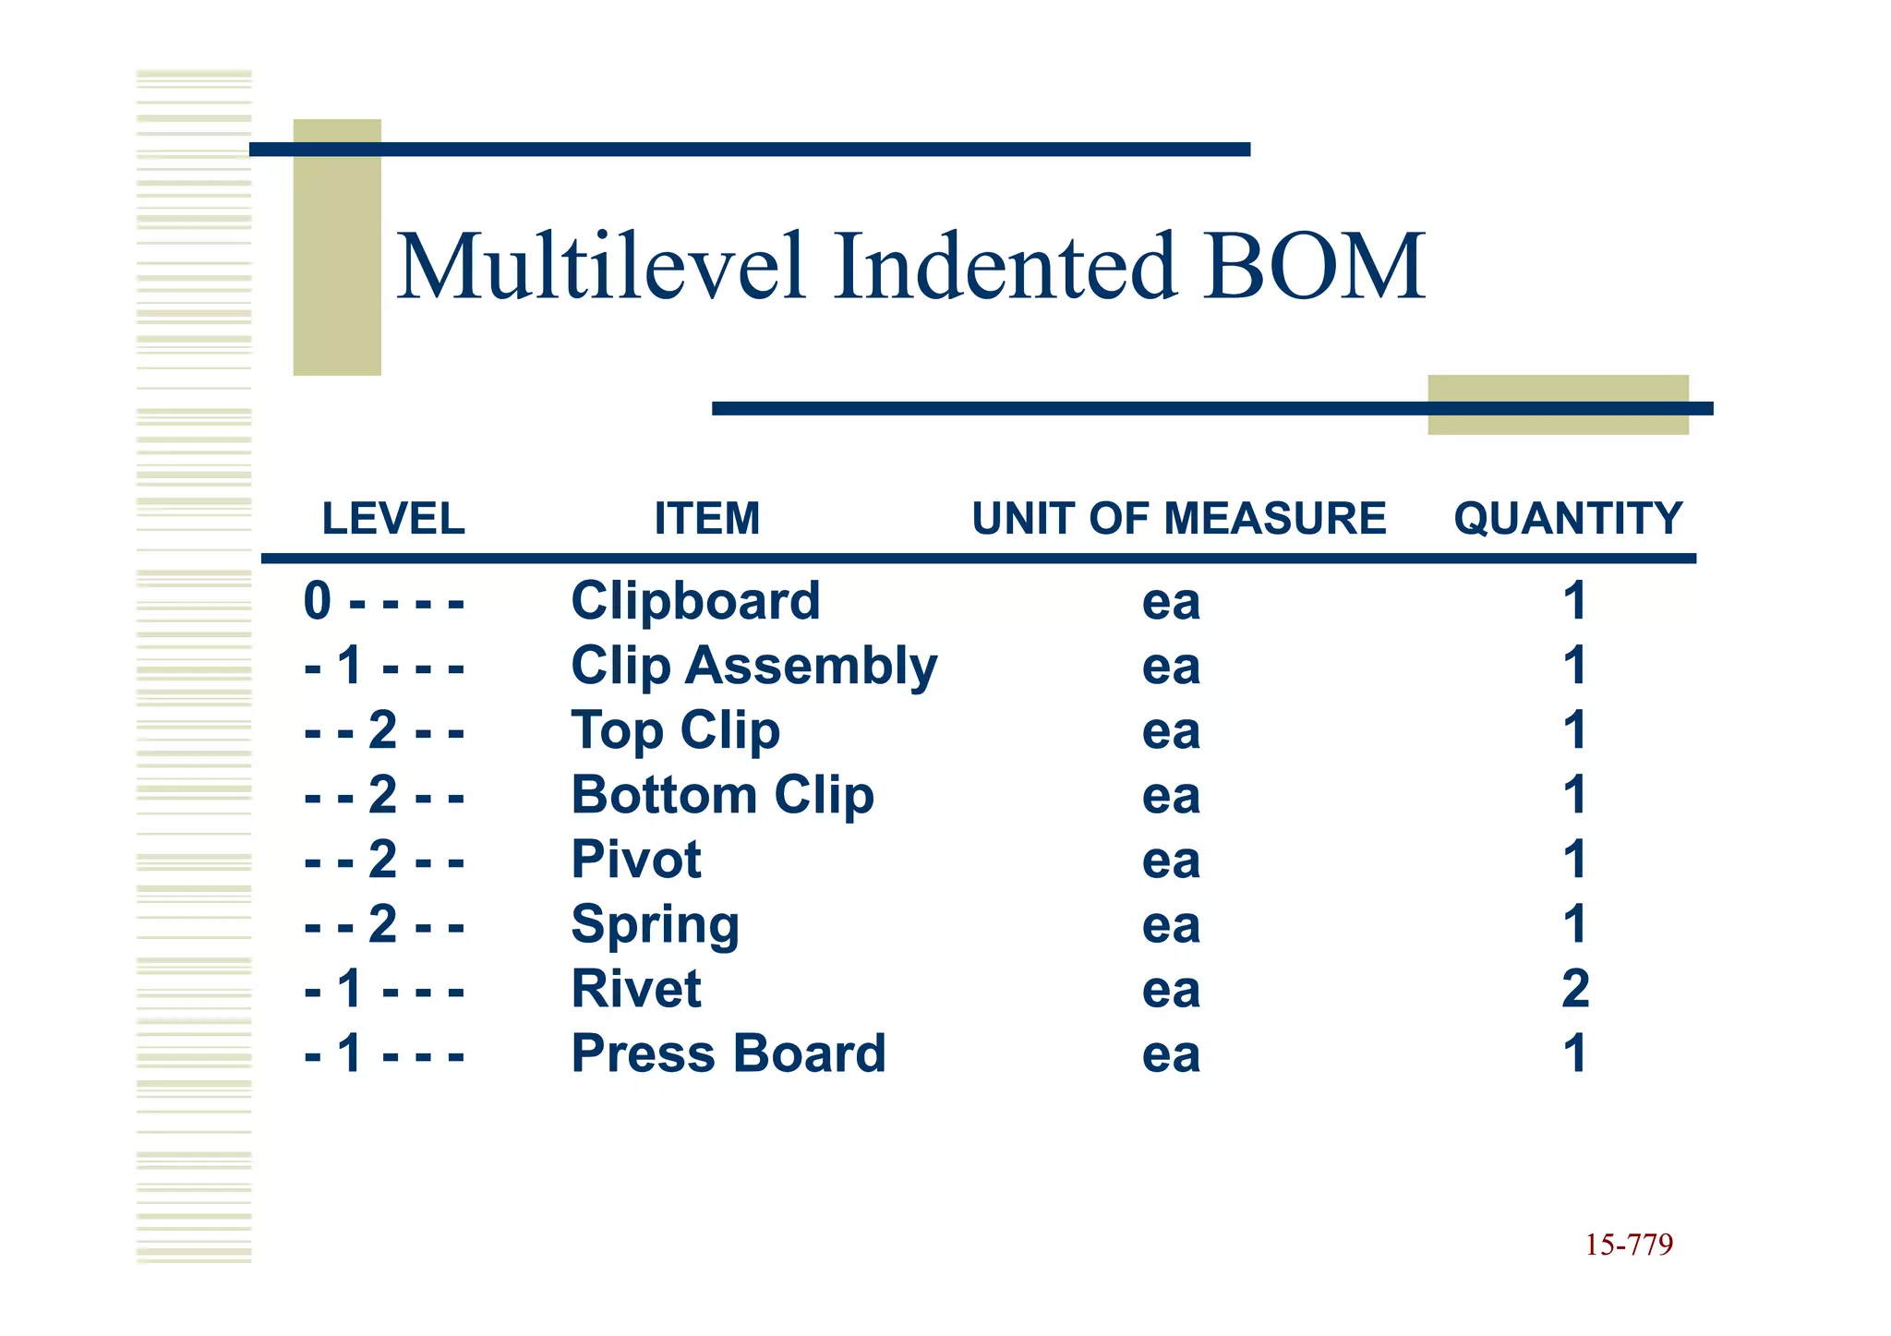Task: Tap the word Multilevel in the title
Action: [601, 268]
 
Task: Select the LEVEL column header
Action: [393, 518]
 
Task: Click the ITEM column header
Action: [707, 518]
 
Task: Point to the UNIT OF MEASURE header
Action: [1179, 518]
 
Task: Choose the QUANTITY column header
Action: [1568, 518]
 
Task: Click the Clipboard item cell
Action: [695, 601]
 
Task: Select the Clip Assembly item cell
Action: [753, 667]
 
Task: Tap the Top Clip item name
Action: [675, 731]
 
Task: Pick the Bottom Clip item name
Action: [722, 796]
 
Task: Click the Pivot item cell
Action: [636, 860]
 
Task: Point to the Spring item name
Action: [655, 925]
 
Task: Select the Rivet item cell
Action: [636, 989]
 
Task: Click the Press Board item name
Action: [729, 1053]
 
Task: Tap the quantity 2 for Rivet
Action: [1575, 989]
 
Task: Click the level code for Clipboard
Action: [383, 602]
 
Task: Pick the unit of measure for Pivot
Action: [1171, 861]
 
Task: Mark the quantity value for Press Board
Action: [1575, 1053]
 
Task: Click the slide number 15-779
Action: [1629, 1245]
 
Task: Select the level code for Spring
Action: [383, 925]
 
